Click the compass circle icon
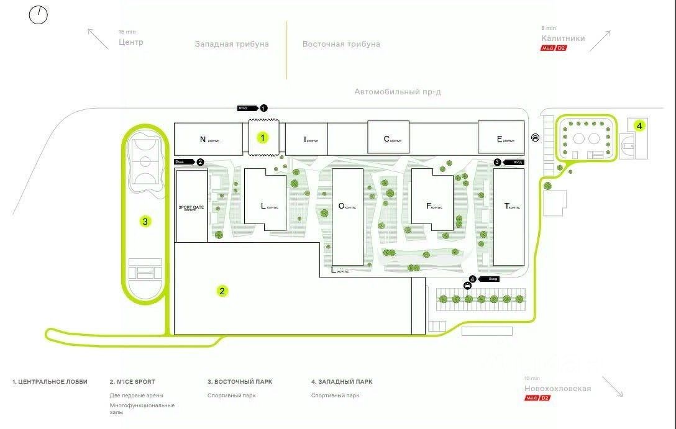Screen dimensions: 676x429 pos(39,15)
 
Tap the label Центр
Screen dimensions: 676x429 pos(131,42)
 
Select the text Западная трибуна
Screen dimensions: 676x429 pos(232,44)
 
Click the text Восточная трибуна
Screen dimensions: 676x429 pos(341,44)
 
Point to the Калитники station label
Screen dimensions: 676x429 pos(563,38)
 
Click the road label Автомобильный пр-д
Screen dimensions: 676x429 pos(398,92)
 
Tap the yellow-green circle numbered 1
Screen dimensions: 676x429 pos(263,138)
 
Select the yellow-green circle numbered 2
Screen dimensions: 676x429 pos(222,291)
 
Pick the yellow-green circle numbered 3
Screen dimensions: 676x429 pos(145,220)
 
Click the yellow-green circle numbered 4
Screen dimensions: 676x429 pos(639,125)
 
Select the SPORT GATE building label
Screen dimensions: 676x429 pos(191,207)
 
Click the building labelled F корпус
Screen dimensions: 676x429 pos(432,205)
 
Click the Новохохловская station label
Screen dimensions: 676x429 pos(557,389)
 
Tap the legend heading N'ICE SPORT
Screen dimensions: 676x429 pos(132,382)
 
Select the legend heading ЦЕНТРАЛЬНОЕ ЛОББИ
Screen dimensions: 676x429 pos(50,382)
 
